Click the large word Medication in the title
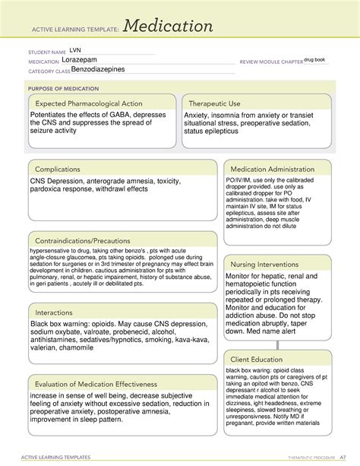coord(169,27)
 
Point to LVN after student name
coord(74,51)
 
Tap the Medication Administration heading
coord(277,169)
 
